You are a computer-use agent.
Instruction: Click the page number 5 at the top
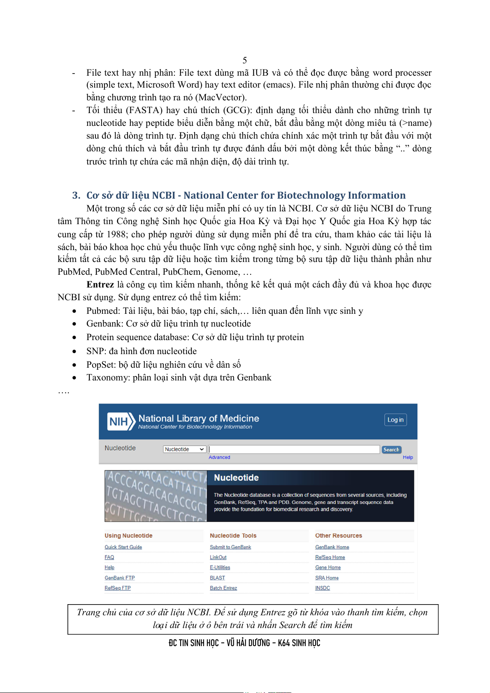coord(245,60)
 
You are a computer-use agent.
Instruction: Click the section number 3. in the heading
coord(77,195)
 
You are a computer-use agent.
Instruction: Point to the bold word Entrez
coord(100,285)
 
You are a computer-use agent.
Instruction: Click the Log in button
coord(395,420)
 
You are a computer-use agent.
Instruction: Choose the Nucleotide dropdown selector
coord(184,449)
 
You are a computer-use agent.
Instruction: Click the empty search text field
coord(294,449)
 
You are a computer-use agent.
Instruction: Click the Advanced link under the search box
coord(219,457)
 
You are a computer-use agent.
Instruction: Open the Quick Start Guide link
coord(123,547)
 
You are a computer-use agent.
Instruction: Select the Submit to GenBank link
coord(230,547)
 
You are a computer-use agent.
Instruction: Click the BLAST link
coord(217,578)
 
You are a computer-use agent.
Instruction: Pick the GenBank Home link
coord(332,547)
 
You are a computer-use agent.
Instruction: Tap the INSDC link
coord(323,588)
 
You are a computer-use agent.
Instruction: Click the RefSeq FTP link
coord(118,588)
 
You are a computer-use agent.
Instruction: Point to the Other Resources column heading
coord(339,535)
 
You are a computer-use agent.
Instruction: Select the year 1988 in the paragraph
coord(116,234)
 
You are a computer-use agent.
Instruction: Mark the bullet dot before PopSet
coord(74,365)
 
